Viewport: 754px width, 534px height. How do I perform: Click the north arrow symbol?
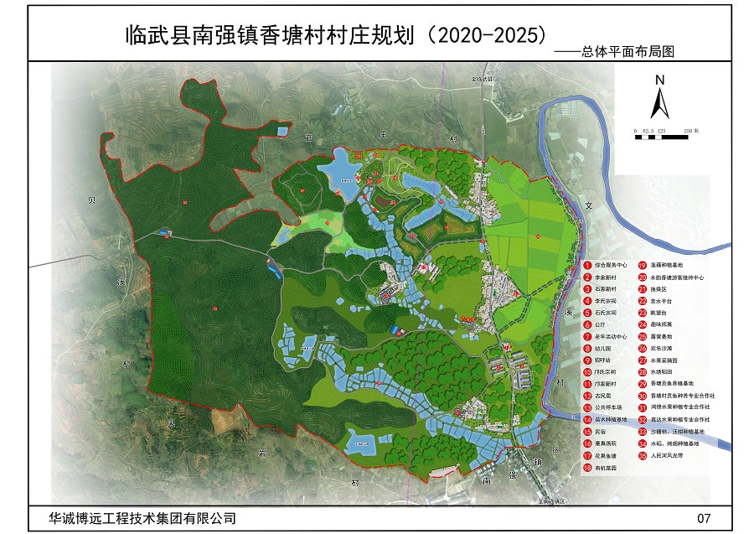coord(659,105)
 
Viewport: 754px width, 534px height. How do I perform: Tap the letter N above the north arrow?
coord(659,80)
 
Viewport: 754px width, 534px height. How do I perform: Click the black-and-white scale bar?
coord(666,137)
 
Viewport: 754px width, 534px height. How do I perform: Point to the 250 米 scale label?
coord(692,131)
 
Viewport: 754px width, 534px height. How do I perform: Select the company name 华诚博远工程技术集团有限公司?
coord(132,518)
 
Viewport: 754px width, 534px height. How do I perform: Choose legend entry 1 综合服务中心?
coord(612,263)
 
